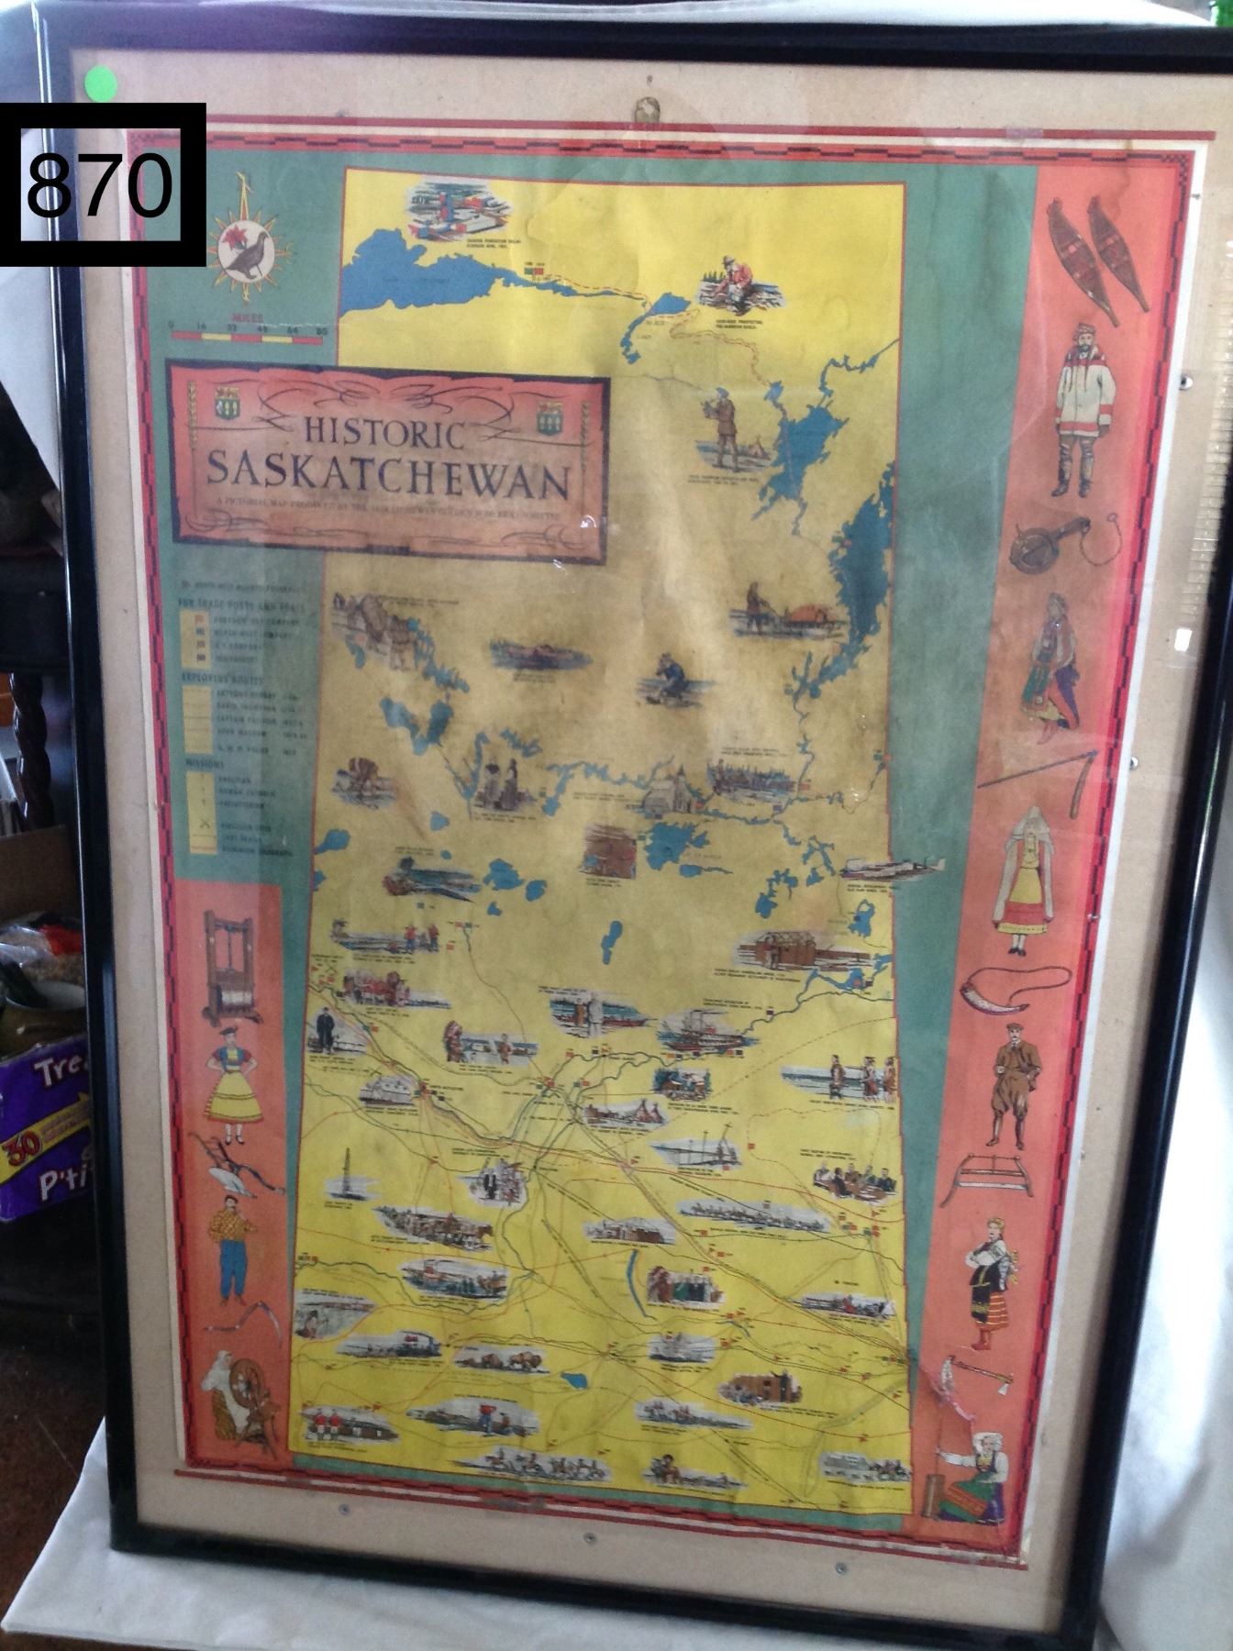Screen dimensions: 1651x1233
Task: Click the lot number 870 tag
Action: coord(101,184)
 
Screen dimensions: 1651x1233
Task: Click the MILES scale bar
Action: coord(247,336)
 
